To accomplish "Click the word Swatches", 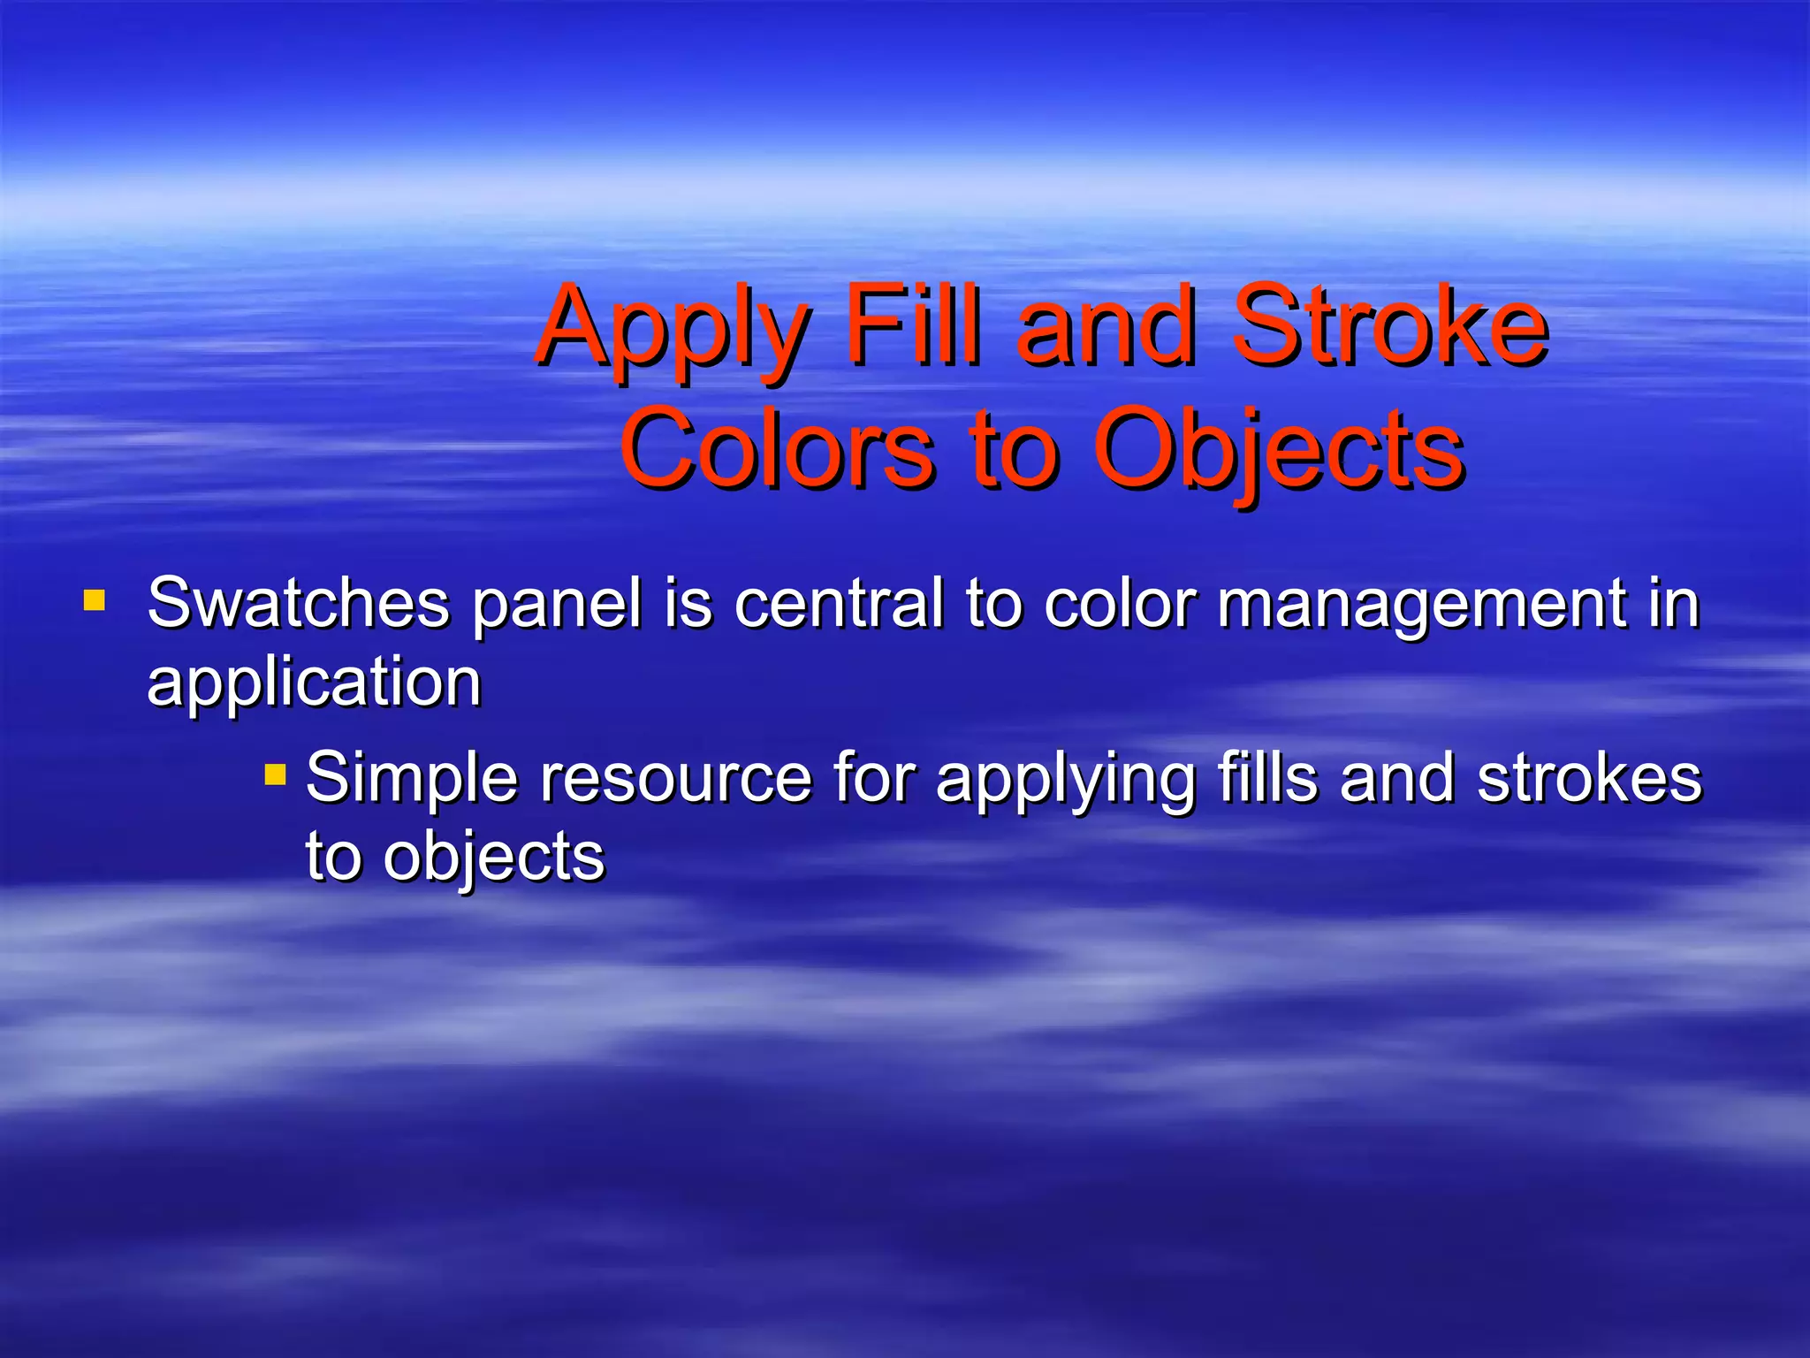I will tap(298, 603).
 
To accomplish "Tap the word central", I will tap(838, 603).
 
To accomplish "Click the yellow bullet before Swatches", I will tap(94, 602).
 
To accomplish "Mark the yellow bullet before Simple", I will tap(275, 776).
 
